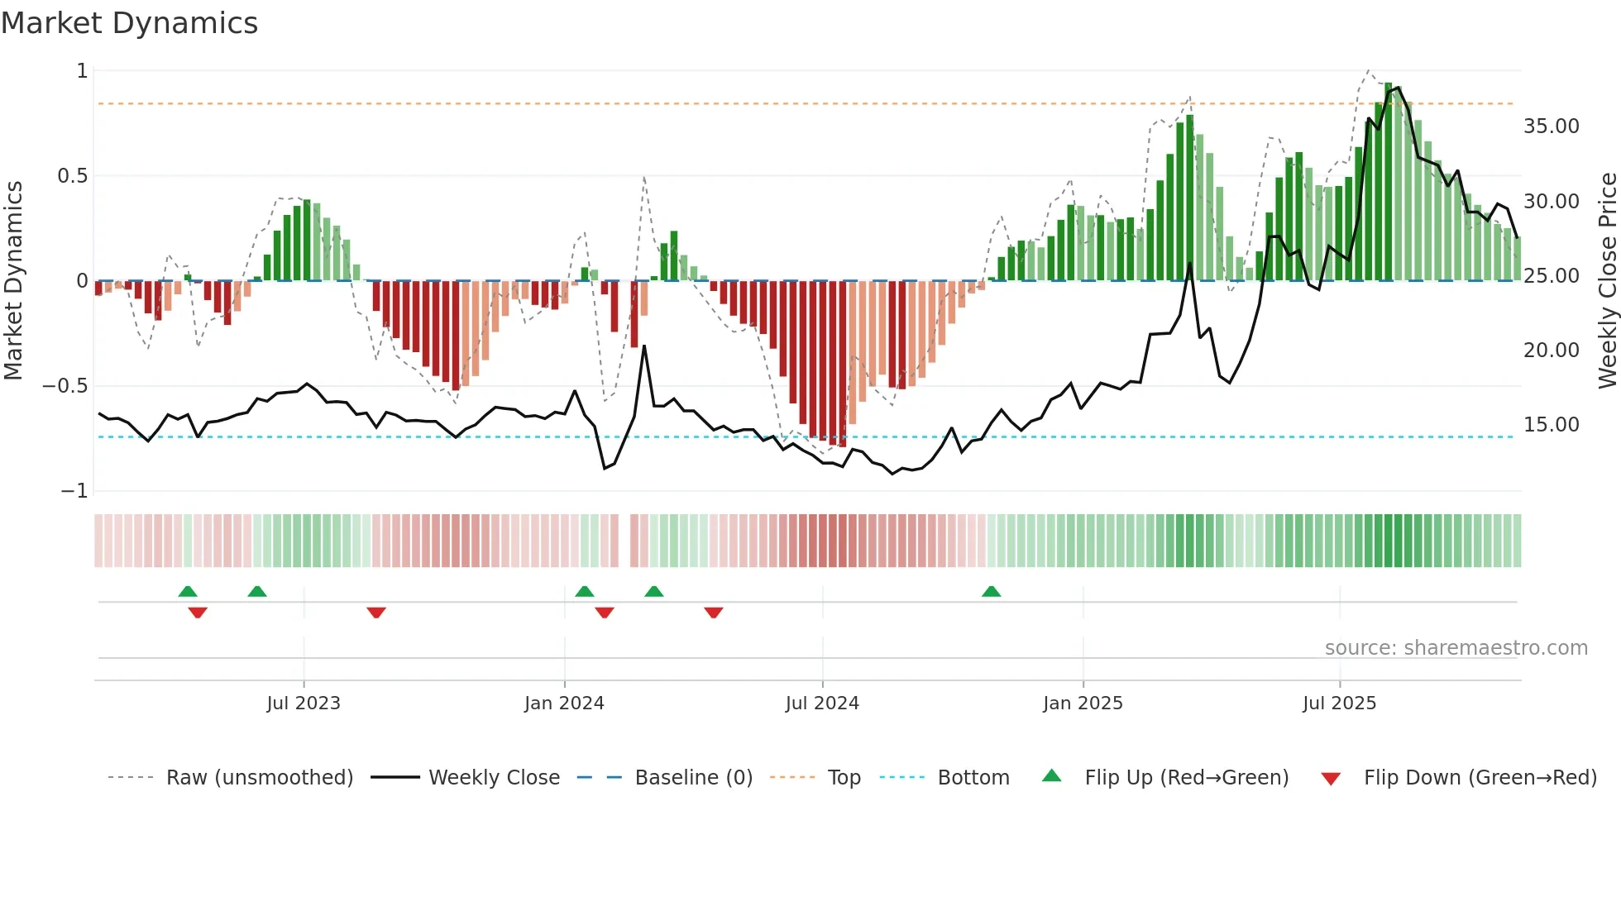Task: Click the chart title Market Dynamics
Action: tap(130, 23)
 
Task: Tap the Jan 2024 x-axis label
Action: tap(564, 703)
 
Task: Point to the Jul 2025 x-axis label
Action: tap(1339, 703)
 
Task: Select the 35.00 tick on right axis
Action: tap(1551, 126)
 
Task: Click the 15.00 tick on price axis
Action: tap(1551, 424)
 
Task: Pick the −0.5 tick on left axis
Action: tap(65, 386)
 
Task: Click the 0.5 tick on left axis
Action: tap(72, 176)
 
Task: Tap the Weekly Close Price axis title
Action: tap(1607, 281)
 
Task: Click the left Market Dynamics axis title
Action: tap(13, 281)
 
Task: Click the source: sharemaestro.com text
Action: tap(1456, 647)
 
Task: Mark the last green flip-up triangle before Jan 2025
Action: tap(991, 591)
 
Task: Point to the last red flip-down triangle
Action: tap(714, 613)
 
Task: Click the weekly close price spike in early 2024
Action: tap(644, 347)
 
